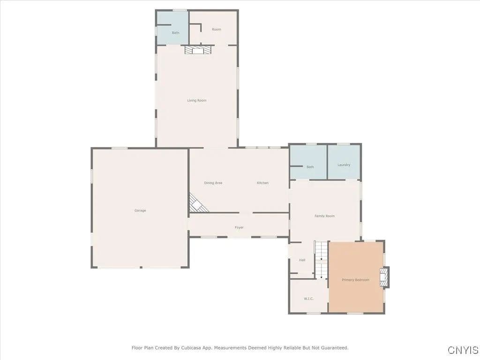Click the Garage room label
point(140,210)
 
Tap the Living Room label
point(197,100)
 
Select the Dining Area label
point(213,183)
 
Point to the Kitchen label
point(262,183)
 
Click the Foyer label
point(239,227)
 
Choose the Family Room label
point(324,216)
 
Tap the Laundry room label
point(344,165)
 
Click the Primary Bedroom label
point(355,280)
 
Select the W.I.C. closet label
point(308,299)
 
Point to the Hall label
point(302,260)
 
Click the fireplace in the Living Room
point(198,50)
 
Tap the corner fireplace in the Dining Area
point(197,203)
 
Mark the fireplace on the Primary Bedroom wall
point(384,277)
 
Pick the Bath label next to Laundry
point(310,167)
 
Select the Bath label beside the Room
point(175,33)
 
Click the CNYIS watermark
point(463,350)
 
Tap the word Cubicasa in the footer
point(191,348)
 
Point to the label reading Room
point(217,30)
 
